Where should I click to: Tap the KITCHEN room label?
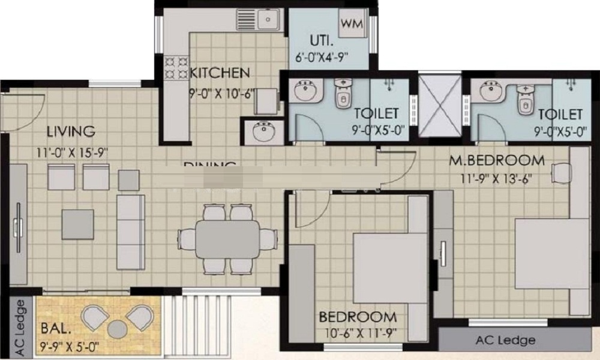(x=220, y=73)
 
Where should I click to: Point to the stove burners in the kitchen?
(x=175, y=67)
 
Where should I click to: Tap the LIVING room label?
(x=71, y=131)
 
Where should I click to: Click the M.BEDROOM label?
(x=498, y=160)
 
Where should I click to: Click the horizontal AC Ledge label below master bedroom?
(x=505, y=340)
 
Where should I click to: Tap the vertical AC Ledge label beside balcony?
(x=20, y=326)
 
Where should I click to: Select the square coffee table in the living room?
(x=77, y=224)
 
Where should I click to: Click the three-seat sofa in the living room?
(x=130, y=232)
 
